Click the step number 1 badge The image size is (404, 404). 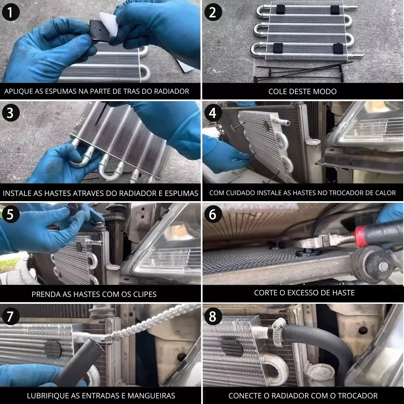pyautogui.click(x=11, y=12)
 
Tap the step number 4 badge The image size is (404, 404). pyautogui.click(x=213, y=113)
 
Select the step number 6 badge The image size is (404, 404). pyautogui.click(x=213, y=214)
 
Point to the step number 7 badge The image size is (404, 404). pyautogui.click(x=11, y=316)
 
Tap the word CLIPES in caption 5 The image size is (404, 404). pyautogui.click(x=145, y=294)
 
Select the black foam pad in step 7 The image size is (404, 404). pyautogui.click(x=53, y=349)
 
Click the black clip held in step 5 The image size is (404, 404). pyautogui.click(x=73, y=207)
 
